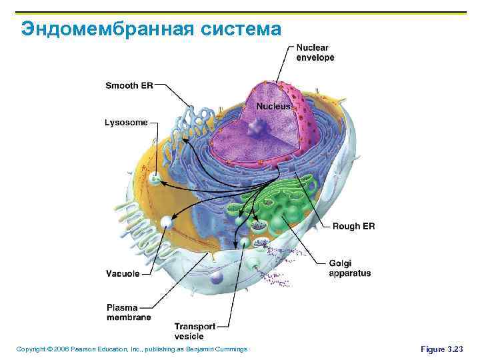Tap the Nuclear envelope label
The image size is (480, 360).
click(315, 53)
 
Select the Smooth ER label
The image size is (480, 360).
click(129, 85)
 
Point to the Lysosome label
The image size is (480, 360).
click(126, 122)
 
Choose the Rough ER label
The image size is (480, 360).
click(353, 227)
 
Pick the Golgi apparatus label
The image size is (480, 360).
click(349, 268)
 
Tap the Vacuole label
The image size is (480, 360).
click(123, 273)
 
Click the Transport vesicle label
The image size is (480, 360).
click(195, 331)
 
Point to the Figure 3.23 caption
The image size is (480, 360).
click(441, 349)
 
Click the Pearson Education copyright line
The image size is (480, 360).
click(131, 349)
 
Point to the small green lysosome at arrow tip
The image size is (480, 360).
click(156, 179)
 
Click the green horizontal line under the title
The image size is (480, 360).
click(240, 12)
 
